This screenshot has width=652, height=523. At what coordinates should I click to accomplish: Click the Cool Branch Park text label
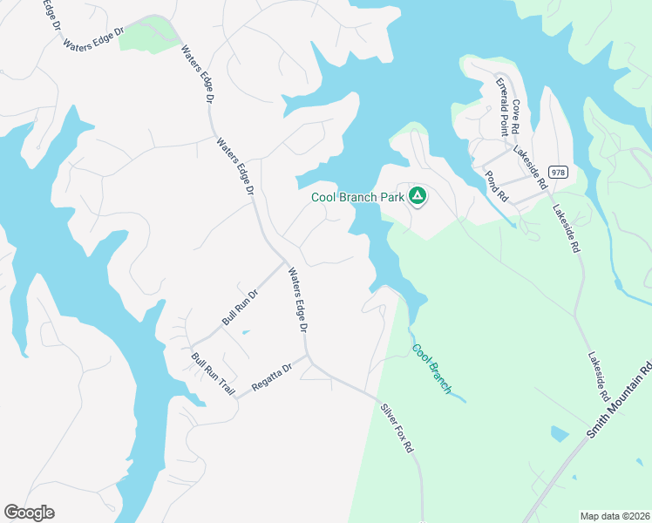tap(357, 197)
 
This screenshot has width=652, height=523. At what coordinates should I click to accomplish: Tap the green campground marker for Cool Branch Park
tap(418, 196)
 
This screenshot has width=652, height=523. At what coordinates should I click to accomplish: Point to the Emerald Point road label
tap(502, 107)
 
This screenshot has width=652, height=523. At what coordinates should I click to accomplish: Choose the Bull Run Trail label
tap(213, 373)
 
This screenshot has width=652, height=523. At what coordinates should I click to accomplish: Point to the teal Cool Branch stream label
tap(431, 368)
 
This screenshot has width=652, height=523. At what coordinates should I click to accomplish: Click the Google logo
tap(29, 513)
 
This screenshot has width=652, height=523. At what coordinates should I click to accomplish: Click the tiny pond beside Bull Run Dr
tap(245, 332)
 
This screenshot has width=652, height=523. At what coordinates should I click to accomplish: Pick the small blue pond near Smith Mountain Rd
tap(559, 433)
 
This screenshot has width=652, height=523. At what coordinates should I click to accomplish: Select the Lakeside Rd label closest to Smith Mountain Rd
tap(597, 377)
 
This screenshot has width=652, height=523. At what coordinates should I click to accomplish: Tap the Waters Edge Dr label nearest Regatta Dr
tap(298, 300)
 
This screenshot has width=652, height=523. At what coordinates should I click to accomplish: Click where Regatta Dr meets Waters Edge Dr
tap(307, 356)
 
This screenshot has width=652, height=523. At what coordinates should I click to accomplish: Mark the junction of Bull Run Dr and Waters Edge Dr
tap(285, 261)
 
